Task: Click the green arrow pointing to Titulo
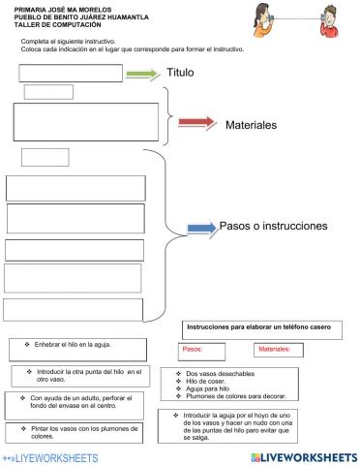(143, 75)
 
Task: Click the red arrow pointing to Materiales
(197, 123)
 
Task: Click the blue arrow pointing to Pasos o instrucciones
(200, 228)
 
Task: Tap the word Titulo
(181, 73)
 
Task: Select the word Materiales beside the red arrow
(251, 125)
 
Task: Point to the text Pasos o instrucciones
(274, 226)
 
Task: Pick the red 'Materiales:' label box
(275, 349)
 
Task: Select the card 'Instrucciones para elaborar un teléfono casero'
(257, 327)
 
